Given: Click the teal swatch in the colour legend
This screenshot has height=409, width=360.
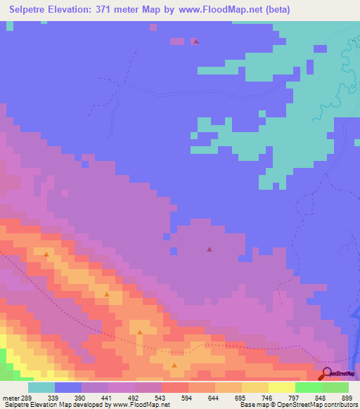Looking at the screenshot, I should [x=41, y=387].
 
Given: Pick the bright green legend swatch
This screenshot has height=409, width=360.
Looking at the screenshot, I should [x=308, y=387].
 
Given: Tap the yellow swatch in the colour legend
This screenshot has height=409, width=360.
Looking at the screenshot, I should [x=281, y=387].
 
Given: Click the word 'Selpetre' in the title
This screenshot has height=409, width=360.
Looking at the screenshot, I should [x=30, y=11].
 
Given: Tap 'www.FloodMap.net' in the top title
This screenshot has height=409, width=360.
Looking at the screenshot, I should [x=221, y=11].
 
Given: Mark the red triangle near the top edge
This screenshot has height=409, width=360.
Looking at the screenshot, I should [x=195, y=41].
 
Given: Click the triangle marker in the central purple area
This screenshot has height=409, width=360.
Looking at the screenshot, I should [x=209, y=249].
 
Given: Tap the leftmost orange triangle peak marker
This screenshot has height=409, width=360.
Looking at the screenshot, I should [x=46, y=254].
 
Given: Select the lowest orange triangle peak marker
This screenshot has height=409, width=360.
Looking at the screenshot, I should [x=174, y=365].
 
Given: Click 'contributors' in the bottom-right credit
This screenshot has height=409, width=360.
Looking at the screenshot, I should [x=337, y=405].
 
